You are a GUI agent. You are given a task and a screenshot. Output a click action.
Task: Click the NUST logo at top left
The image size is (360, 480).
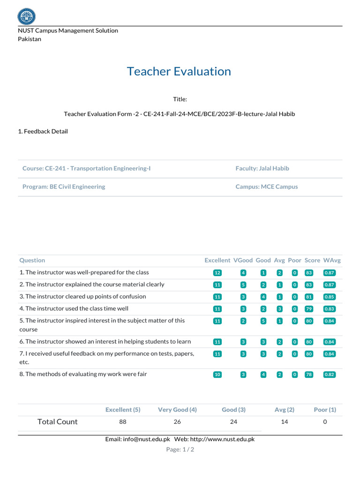[26, 16]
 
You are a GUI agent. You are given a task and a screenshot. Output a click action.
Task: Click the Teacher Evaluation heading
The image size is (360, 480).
[179, 72]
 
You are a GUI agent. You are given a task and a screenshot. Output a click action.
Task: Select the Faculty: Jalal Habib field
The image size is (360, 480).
[265, 168]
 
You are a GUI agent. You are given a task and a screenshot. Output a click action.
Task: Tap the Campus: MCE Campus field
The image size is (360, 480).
[266, 187]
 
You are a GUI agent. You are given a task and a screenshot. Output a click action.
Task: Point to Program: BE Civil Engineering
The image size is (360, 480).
[64, 187]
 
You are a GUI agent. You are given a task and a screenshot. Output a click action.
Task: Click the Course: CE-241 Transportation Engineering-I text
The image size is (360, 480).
[87, 168]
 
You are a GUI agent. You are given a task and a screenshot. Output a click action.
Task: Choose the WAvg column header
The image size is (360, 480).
[332, 260]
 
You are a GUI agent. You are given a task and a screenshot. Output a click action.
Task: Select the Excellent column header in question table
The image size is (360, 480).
[217, 260]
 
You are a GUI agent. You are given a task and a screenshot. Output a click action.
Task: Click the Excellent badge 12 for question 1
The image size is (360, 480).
[217, 273]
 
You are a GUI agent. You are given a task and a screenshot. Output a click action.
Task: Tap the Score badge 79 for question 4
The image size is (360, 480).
[308, 309]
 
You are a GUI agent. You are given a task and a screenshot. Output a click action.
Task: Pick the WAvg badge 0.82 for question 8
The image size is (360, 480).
[330, 375]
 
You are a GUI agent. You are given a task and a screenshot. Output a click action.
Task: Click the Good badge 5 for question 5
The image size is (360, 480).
[263, 321]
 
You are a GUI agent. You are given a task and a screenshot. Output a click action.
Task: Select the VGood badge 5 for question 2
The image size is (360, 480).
[243, 285]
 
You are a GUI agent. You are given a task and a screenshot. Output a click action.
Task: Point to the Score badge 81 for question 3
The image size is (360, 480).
[308, 297]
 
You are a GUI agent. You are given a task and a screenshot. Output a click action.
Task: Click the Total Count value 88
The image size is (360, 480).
[123, 422]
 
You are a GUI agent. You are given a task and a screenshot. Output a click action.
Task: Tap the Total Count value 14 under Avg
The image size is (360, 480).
[285, 422]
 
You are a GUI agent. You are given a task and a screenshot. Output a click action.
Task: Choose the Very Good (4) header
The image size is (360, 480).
[177, 410]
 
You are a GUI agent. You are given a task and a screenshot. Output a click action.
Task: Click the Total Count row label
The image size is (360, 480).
[57, 422]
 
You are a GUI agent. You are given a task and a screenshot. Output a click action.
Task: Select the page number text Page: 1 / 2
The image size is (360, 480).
[180, 450]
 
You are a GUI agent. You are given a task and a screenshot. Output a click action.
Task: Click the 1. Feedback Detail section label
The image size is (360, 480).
[43, 132]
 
